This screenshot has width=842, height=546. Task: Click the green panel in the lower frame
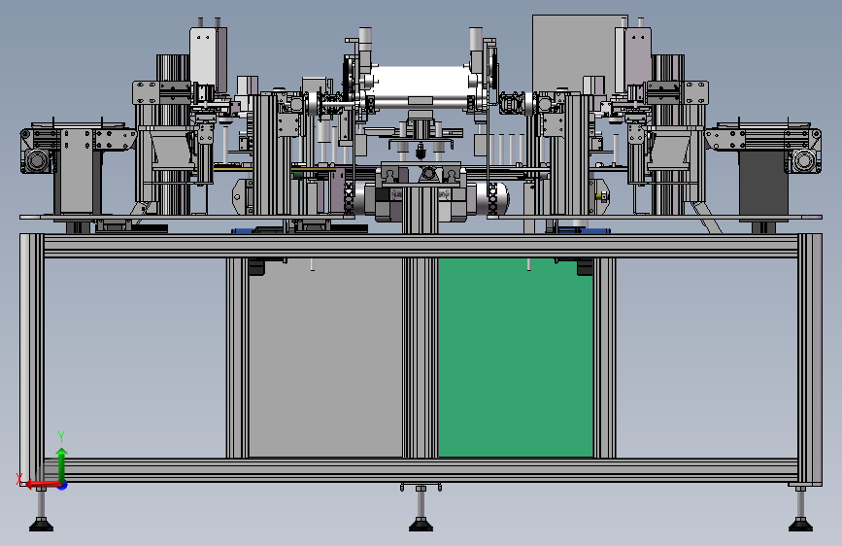click(516, 358)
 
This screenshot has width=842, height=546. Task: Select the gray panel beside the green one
click(325, 358)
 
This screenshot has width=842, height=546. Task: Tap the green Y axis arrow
click(62, 465)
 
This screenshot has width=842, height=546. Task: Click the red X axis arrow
click(43, 485)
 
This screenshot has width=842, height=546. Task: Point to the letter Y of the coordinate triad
click(61, 437)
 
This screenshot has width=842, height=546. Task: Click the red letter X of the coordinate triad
click(19, 479)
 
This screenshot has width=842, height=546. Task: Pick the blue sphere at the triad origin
click(63, 485)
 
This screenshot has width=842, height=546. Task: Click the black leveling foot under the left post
click(41, 524)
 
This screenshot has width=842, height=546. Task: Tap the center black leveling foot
click(421, 524)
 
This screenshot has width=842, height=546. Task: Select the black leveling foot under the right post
click(800, 524)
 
